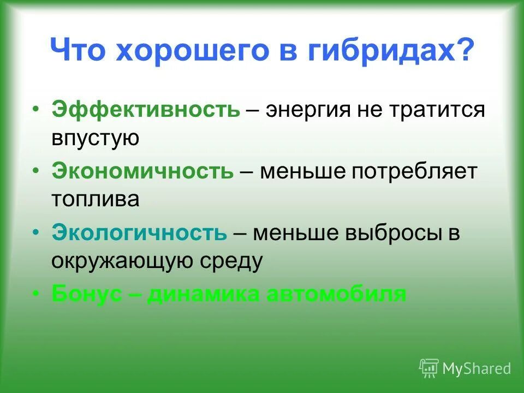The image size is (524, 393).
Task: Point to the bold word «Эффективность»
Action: point(146,110)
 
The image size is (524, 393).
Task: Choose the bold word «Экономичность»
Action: point(142,171)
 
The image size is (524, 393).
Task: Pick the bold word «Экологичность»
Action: point(139,233)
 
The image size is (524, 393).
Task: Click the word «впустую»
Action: point(96,139)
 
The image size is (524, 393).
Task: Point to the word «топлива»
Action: point(96,199)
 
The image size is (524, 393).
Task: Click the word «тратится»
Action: point(437,110)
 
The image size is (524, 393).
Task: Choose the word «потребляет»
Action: point(414,171)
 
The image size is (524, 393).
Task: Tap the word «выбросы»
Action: point(393,233)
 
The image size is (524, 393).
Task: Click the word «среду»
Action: point(236,262)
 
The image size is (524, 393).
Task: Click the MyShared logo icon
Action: point(428,368)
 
